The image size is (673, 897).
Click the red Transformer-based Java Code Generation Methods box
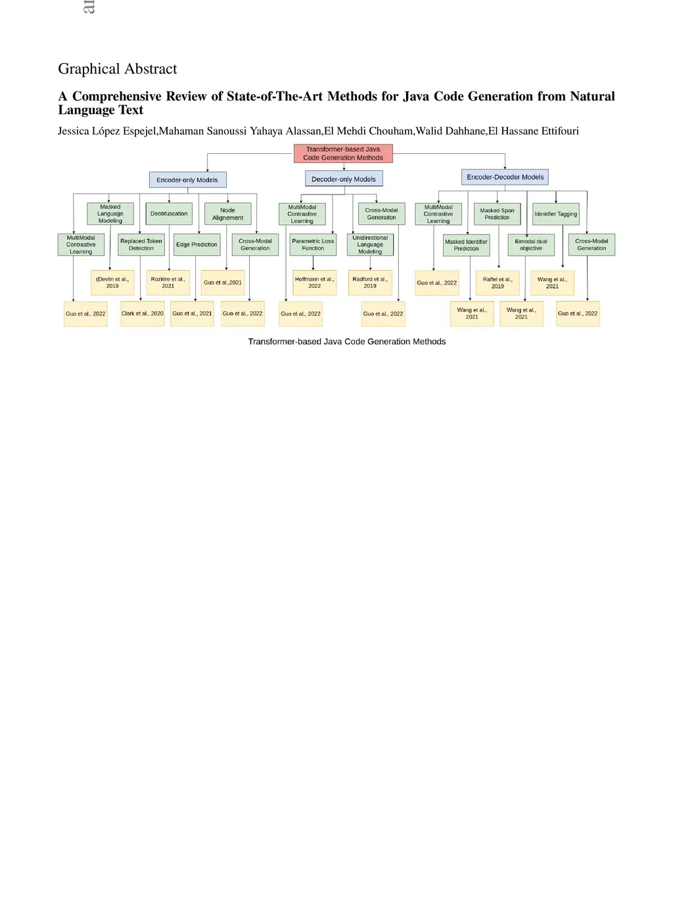click(x=343, y=153)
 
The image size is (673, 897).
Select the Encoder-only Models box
click(x=187, y=180)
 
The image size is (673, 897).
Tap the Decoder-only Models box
click(x=344, y=179)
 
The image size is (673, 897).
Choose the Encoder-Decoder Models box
click(x=505, y=177)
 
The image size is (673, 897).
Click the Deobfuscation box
click(x=169, y=214)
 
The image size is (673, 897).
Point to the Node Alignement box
click(x=227, y=214)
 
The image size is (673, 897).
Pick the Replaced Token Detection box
click(x=141, y=244)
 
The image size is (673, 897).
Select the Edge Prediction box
click(x=197, y=244)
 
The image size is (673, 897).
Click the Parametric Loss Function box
click(x=313, y=244)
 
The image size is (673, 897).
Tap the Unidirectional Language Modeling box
click(x=370, y=244)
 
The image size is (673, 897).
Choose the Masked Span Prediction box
click(x=497, y=214)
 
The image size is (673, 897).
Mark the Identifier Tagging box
click(x=556, y=214)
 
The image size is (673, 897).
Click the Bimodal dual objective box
click(x=531, y=244)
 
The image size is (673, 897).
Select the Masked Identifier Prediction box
click(x=466, y=244)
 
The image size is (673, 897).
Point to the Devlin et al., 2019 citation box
click(x=112, y=283)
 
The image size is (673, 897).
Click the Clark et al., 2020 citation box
click(x=142, y=313)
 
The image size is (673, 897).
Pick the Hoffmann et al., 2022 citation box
click(x=314, y=283)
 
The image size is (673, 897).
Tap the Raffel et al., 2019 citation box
click(x=498, y=283)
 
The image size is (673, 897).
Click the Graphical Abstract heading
click(x=117, y=68)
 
